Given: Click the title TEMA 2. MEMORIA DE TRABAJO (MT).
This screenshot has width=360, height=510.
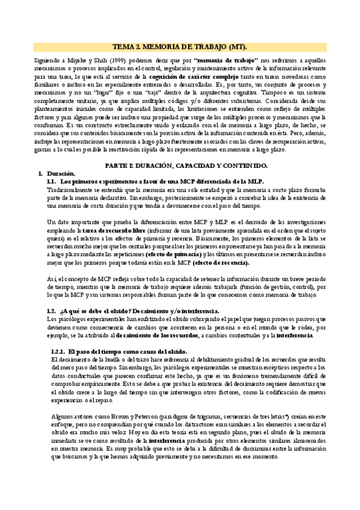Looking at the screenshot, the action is tap(180, 46).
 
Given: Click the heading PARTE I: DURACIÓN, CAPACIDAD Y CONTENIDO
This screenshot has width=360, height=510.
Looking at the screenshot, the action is tap(180, 165).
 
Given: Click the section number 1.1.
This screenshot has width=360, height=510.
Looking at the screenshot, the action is tap(51, 180).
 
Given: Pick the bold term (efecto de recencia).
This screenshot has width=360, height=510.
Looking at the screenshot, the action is tap(221, 263).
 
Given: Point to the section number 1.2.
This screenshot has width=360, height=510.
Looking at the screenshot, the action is tap(51, 310).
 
